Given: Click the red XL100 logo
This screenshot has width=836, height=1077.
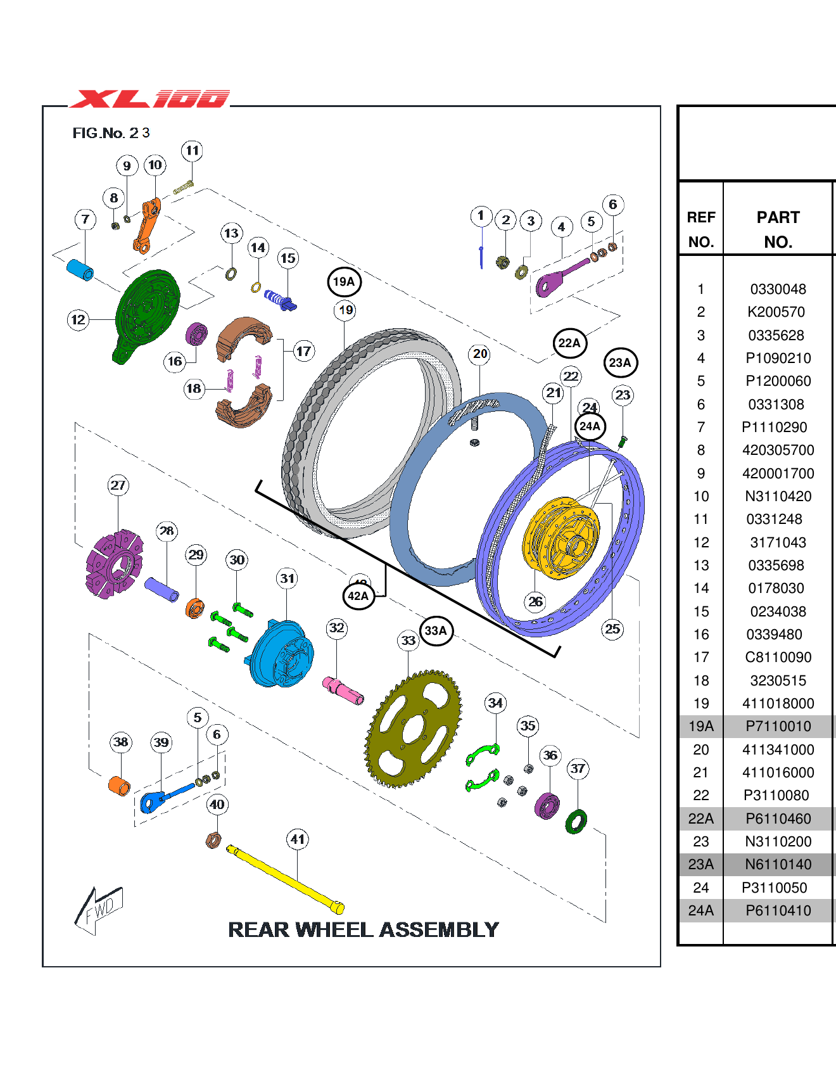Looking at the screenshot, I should (149, 99).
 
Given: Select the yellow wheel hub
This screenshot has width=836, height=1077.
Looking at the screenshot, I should (561, 538).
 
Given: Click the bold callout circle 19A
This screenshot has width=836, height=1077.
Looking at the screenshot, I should (344, 282).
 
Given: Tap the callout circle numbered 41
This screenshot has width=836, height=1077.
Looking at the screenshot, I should (298, 839).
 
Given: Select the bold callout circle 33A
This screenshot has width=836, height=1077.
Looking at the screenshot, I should (436, 630).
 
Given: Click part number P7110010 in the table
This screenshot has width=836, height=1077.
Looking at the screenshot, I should (778, 727).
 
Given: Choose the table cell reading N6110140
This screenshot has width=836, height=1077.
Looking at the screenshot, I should (778, 865).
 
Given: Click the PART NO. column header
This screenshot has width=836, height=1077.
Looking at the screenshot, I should (778, 229).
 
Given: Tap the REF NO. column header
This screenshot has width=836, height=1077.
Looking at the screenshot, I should (701, 229).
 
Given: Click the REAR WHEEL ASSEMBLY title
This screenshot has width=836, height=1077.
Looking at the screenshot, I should (364, 929).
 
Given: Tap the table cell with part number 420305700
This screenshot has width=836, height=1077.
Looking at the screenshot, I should (778, 450).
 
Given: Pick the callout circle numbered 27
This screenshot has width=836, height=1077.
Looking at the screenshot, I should (118, 485).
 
